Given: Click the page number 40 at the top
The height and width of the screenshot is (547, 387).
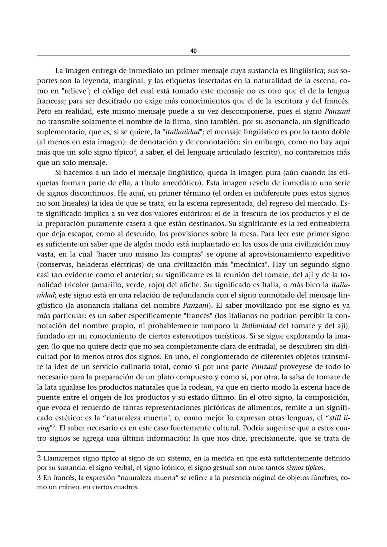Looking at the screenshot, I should click(193, 51).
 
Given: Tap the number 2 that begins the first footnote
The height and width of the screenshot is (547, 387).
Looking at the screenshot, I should click(39, 458).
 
